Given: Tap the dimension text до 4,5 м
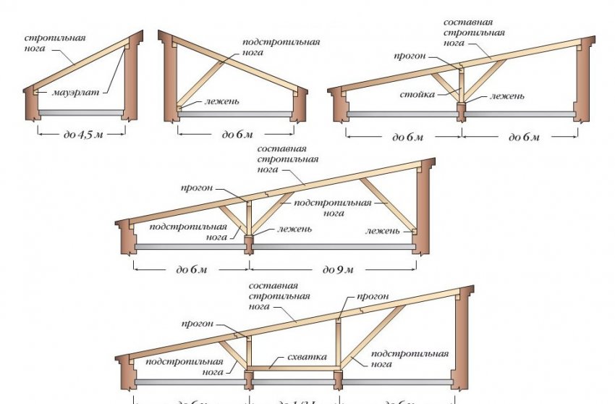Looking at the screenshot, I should point(80,135).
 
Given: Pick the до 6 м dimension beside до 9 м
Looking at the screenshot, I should point(192,270).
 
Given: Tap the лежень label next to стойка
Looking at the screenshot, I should point(506,96).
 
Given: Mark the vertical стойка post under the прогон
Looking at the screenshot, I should point(461,87).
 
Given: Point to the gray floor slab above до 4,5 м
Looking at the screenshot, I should point(80,113).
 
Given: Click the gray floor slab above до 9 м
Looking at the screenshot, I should point(333,246).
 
